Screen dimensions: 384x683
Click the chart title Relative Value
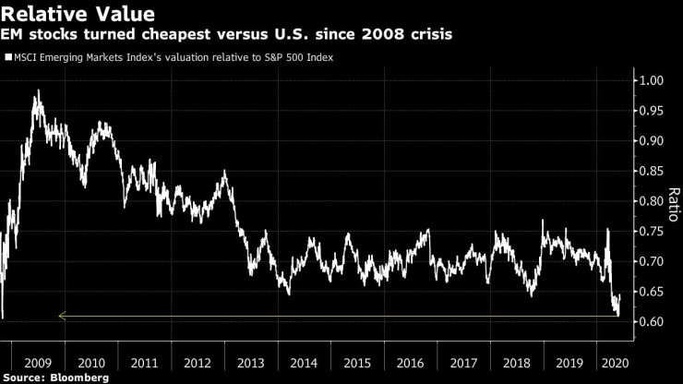[78, 14]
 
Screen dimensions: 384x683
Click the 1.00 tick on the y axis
[652, 80]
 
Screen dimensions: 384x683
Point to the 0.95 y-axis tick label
[652, 111]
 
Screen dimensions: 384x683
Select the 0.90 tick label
[652, 140]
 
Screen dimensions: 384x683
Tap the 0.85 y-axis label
[652, 171]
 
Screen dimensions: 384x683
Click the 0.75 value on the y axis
[652, 232]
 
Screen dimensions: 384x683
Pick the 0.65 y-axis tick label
[652, 292]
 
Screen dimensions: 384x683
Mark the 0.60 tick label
[652, 322]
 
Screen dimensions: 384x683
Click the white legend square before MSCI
[7, 57]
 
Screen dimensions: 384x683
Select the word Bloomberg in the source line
[78, 377]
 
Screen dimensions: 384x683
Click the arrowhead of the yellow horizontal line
[60, 316]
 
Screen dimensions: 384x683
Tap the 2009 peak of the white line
[38, 90]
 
